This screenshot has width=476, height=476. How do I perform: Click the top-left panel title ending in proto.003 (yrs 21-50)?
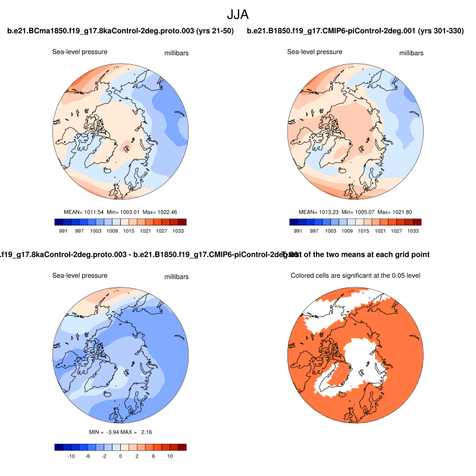click(x=120, y=30)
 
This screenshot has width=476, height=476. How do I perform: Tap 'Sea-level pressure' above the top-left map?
click(x=80, y=52)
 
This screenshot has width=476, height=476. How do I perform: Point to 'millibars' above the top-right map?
click(x=411, y=53)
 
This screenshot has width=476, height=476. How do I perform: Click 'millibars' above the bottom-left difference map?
click(x=177, y=277)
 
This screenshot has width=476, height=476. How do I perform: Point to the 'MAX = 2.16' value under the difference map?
click(x=140, y=431)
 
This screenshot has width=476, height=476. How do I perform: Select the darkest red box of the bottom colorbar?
click(x=182, y=447)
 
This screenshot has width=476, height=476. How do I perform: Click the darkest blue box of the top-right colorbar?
click(x=294, y=222)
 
